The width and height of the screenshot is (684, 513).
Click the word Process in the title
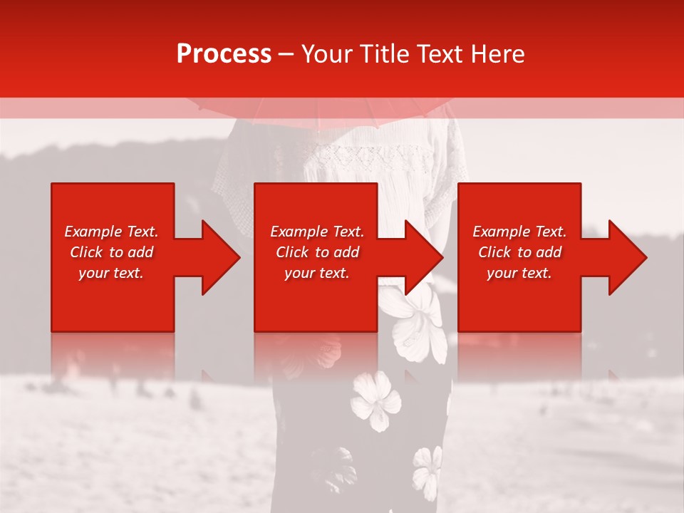[x=224, y=53]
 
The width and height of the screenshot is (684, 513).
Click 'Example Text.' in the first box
[x=111, y=232]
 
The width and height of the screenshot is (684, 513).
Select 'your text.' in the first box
[x=111, y=273]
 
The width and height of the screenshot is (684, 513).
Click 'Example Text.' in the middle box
[x=317, y=232]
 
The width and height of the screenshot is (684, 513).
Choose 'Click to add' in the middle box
[x=317, y=252]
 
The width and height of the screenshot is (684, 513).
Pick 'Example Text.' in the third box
[x=519, y=232]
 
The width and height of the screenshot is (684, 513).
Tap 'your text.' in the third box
[x=519, y=273]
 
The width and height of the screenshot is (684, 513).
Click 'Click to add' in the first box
[x=111, y=252]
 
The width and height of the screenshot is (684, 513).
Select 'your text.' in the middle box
[x=317, y=273]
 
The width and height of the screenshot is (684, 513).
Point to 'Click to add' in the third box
[x=519, y=252]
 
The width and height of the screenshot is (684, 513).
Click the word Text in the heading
[x=440, y=53]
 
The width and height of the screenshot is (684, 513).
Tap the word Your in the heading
[x=326, y=53]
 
